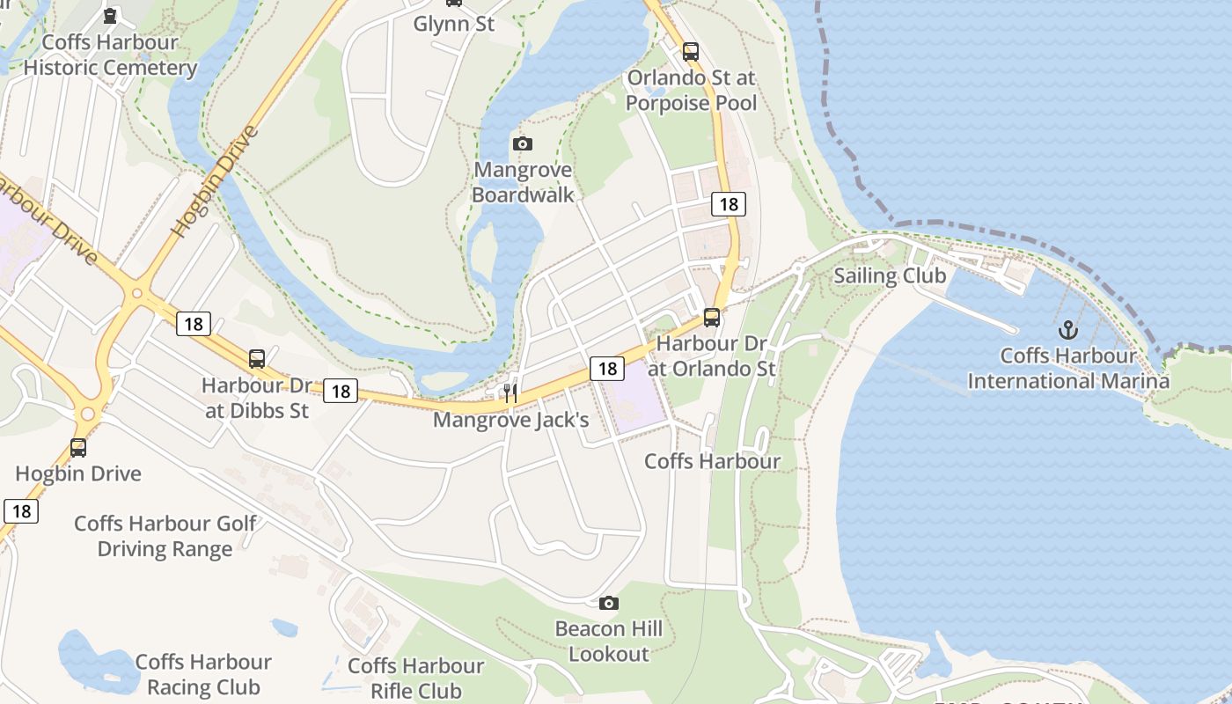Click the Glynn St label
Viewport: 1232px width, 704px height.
[x=454, y=24]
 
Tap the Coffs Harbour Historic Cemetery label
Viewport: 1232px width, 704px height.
[x=110, y=55]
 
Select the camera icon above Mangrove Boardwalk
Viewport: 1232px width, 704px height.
[x=522, y=143]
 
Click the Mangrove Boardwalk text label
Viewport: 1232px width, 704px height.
[x=523, y=182]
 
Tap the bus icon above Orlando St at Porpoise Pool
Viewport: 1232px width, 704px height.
[x=691, y=51]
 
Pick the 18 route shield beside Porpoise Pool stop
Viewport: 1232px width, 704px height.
[x=729, y=204]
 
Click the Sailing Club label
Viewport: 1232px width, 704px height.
[x=890, y=275]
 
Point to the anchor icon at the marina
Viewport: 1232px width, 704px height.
[x=1067, y=330]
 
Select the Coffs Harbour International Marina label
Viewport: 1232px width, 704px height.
[x=1068, y=369]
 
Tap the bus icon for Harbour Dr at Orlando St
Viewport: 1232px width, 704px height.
[x=712, y=317]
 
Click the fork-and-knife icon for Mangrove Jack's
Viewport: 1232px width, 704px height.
[x=510, y=393]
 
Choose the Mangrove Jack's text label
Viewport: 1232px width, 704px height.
[x=510, y=420]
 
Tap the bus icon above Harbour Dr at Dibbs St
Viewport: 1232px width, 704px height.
[x=257, y=358]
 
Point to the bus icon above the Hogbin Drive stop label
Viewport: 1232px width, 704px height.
[x=78, y=447]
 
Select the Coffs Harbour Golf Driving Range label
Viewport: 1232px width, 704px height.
[x=165, y=536]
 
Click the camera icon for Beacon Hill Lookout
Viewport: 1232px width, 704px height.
[x=608, y=603]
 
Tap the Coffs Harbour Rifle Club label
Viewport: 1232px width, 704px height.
[x=416, y=678]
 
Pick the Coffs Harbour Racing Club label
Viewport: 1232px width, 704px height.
[x=203, y=674]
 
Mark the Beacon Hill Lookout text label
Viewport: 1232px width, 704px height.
[x=609, y=642]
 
